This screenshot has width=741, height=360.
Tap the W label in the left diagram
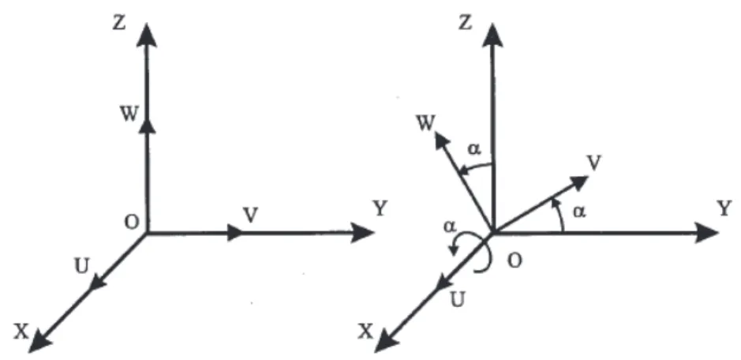(x=129, y=114)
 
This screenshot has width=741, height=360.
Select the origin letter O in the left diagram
(x=132, y=223)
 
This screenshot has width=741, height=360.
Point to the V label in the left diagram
(x=251, y=216)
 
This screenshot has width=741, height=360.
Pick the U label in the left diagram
(x=82, y=267)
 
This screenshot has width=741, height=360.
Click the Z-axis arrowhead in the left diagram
(x=147, y=35)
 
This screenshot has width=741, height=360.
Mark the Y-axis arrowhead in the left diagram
(x=362, y=233)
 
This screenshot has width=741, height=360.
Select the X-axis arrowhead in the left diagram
(x=39, y=342)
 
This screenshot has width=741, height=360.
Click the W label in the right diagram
(x=426, y=123)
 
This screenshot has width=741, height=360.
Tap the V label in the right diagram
(x=594, y=163)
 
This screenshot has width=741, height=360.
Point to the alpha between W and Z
(x=474, y=149)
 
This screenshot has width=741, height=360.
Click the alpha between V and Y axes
(x=579, y=212)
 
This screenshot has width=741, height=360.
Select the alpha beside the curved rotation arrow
(x=450, y=227)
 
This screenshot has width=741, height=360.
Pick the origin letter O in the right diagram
(x=515, y=261)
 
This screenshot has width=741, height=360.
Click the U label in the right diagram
(x=457, y=300)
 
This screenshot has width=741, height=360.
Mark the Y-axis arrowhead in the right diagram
(x=706, y=233)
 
